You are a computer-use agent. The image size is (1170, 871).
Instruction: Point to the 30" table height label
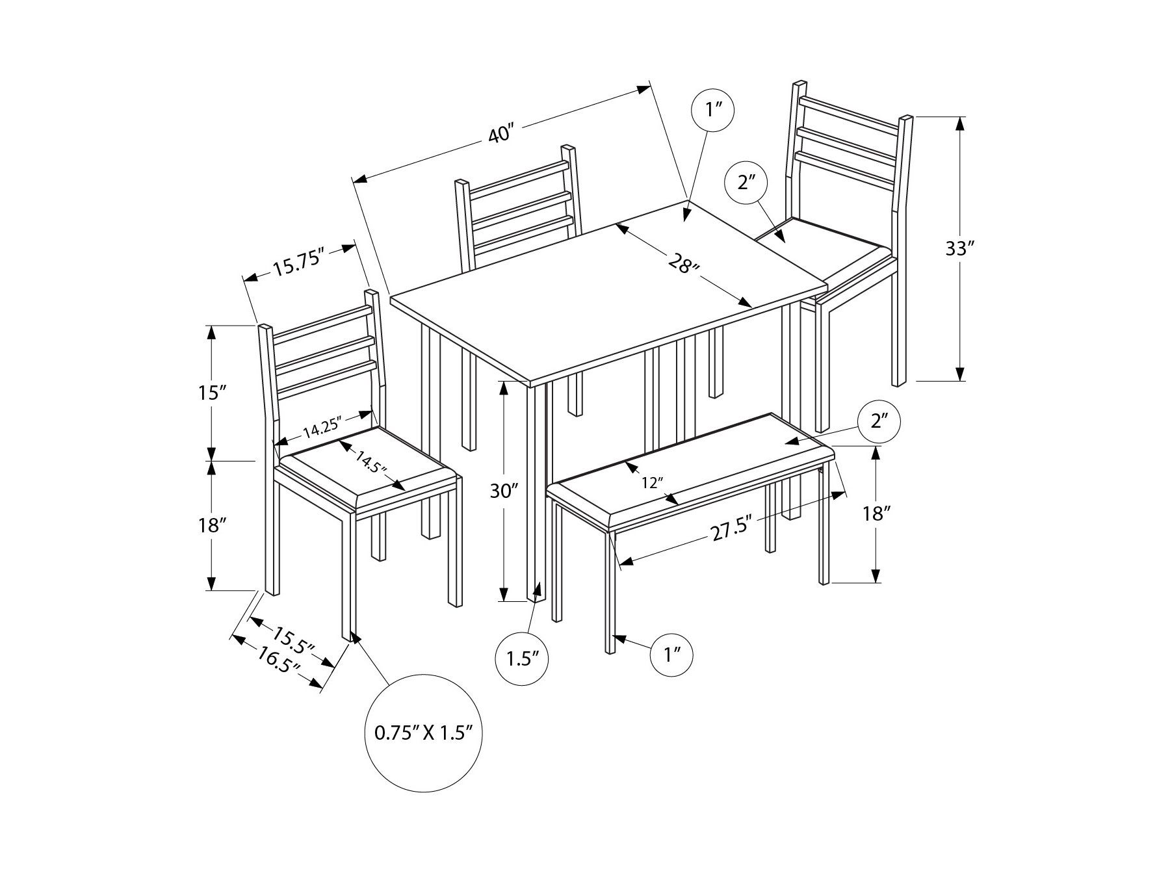point(504,492)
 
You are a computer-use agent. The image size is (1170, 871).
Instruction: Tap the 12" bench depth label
point(652,482)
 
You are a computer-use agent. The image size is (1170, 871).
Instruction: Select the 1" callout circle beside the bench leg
point(671,654)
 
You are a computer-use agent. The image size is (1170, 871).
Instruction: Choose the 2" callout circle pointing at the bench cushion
point(879,421)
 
